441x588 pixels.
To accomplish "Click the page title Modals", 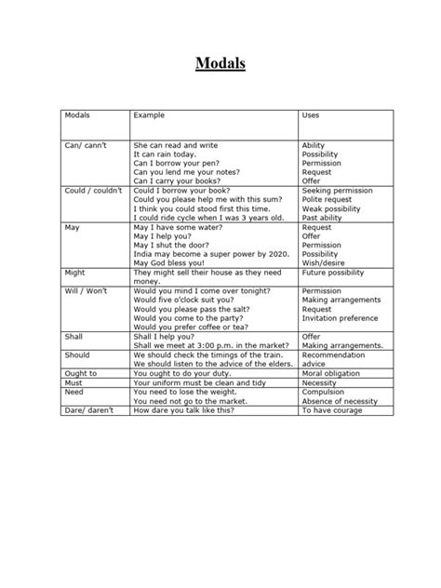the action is (x=220, y=64).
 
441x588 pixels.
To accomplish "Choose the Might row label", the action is (x=75, y=273).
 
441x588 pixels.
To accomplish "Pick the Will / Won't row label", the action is (x=86, y=291).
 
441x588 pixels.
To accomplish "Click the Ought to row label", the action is (x=80, y=372).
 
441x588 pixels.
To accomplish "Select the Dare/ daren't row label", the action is (x=87, y=409).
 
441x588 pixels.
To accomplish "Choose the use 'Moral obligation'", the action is (x=330, y=372).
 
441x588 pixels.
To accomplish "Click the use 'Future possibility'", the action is (x=334, y=273).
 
